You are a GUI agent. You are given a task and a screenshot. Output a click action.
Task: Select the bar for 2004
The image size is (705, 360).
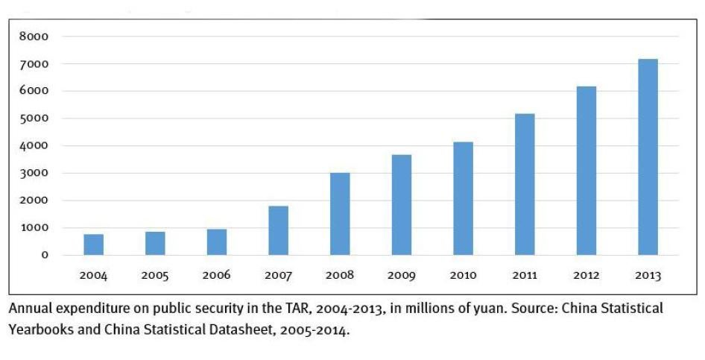[94, 244]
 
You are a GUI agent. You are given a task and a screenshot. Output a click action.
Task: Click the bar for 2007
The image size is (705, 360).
[278, 230]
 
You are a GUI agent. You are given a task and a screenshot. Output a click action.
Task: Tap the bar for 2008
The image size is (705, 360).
[340, 214]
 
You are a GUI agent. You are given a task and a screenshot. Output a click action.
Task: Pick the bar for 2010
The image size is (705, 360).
[463, 198]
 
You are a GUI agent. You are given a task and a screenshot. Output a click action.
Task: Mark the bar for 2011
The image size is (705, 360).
[525, 184]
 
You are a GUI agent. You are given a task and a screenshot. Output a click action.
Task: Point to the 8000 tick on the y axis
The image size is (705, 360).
[34, 37]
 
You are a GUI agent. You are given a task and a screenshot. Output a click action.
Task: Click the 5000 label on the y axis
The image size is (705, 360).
[34, 119]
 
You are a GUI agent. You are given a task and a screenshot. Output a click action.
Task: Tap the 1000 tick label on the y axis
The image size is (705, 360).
[34, 227]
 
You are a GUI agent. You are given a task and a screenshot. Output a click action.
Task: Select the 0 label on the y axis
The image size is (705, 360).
[45, 255]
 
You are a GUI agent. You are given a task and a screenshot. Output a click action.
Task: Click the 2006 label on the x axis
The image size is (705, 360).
[217, 276]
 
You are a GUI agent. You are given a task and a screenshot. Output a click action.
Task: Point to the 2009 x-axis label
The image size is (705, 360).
[402, 276]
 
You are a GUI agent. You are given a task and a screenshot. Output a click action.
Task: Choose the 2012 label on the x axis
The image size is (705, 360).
[586, 276]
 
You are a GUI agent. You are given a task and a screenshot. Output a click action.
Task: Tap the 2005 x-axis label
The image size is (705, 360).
[155, 276]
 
